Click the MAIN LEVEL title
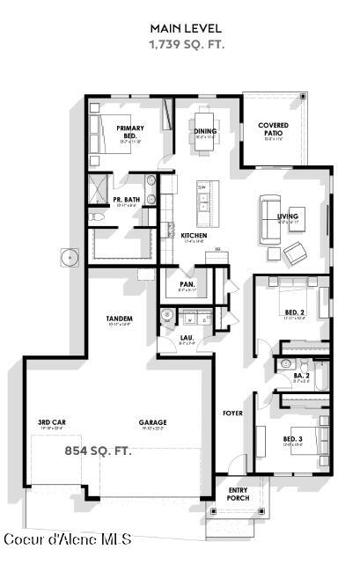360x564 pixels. coord(186,29)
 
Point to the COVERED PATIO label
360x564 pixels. coord(273,129)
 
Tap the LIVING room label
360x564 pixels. coord(288,216)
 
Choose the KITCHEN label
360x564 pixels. coord(194,236)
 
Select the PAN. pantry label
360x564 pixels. coord(187,284)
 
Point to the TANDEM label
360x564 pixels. coord(119,319)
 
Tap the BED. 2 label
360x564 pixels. coord(294,312)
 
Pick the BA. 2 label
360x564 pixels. coord(301,376)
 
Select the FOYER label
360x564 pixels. coord(232,413)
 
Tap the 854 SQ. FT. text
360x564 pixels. coord(98,450)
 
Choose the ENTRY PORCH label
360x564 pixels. coord(238,494)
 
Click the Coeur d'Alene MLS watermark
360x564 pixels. coord(68,538)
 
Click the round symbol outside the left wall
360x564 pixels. coord(70,258)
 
